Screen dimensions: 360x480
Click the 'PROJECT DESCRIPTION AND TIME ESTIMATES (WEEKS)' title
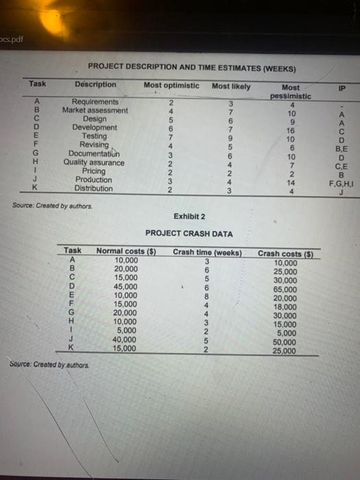(x=192, y=69)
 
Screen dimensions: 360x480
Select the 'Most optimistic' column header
(x=171, y=86)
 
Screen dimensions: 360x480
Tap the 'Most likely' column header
(x=231, y=86)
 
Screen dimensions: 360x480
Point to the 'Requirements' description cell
(x=95, y=101)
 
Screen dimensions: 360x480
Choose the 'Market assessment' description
(x=95, y=110)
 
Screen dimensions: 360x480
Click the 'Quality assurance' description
(x=94, y=163)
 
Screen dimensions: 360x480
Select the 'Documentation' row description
(x=95, y=154)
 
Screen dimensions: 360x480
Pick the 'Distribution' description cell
(x=94, y=189)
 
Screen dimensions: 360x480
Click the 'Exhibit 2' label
(x=189, y=216)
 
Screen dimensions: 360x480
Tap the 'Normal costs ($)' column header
(x=128, y=252)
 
